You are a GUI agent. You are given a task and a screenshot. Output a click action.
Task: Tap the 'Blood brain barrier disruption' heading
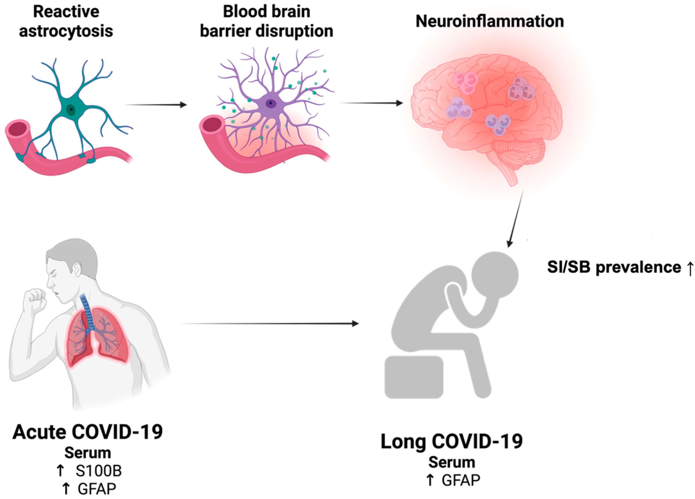point(266,22)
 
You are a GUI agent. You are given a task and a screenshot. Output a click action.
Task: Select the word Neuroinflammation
point(489,22)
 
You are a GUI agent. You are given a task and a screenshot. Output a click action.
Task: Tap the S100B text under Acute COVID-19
point(98,471)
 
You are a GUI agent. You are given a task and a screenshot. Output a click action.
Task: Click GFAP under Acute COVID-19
point(97,489)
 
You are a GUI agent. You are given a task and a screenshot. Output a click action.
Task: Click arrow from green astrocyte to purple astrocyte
point(156,105)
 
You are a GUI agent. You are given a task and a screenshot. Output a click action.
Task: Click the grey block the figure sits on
point(414,377)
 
